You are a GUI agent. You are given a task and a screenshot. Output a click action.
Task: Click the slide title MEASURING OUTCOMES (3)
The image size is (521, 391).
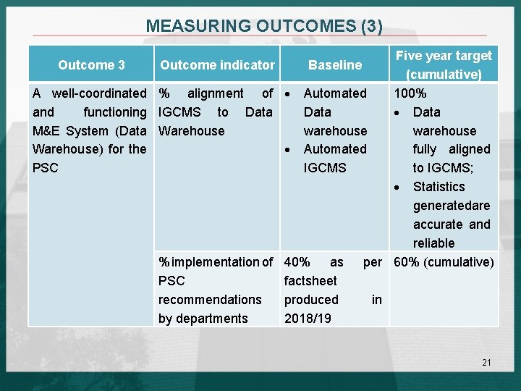[x=264, y=26]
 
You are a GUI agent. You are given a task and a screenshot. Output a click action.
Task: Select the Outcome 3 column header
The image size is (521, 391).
[x=91, y=65]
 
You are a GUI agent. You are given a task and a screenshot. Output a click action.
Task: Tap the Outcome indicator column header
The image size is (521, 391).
[x=217, y=65]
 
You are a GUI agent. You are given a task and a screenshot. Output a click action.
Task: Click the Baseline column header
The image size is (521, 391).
[x=335, y=65]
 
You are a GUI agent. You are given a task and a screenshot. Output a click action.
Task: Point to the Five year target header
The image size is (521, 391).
[x=444, y=56]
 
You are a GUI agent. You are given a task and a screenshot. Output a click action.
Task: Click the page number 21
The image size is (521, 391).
[x=486, y=362]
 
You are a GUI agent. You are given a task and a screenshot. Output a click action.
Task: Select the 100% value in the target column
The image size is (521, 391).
[x=410, y=93]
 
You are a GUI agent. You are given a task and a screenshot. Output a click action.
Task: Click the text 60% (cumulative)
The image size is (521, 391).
[x=443, y=262]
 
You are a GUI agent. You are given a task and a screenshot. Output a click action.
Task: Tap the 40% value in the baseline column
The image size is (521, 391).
[x=297, y=262]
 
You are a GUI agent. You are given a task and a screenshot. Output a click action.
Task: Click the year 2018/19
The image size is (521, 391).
[x=308, y=319]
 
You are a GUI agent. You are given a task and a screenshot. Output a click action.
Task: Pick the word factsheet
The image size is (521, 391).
[x=310, y=281]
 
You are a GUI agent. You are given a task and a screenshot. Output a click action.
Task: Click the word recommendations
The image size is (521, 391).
[x=210, y=300]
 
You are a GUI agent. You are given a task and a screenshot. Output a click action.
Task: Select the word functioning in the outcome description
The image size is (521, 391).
[x=114, y=112]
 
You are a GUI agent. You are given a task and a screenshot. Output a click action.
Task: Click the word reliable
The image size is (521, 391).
[x=434, y=243]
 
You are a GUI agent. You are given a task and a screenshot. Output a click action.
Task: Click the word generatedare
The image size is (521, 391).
[x=452, y=206]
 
